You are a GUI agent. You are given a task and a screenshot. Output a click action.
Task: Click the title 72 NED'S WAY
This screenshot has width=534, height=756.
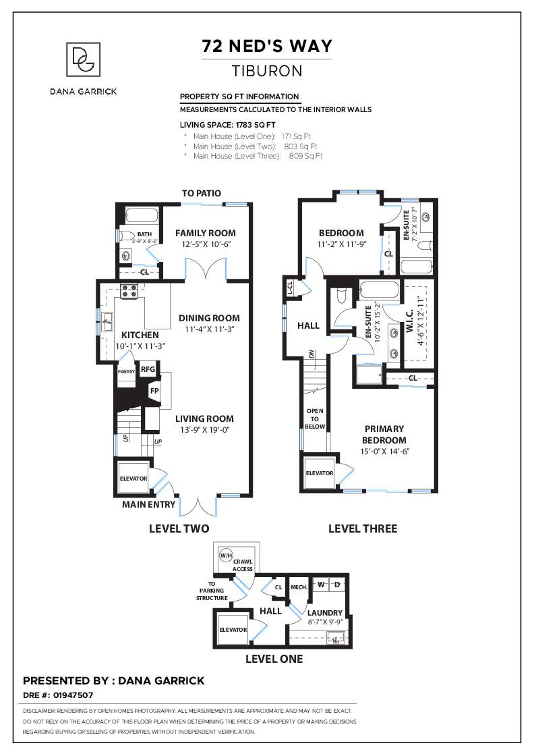pyautogui.click(x=267, y=46)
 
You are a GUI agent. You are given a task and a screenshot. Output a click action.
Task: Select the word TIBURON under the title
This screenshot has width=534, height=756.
pyautogui.click(x=267, y=70)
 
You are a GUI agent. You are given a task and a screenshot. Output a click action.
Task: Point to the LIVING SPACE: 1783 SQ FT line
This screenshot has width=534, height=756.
pyautogui.click(x=227, y=125)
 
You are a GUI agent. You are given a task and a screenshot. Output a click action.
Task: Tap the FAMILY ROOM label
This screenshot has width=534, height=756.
pyautogui.click(x=206, y=233)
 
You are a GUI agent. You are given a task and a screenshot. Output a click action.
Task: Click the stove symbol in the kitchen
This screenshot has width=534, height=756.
pyautogui.click(x=129, y=291)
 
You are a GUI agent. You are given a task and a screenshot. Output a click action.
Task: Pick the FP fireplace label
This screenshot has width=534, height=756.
pyautogui.click(x=154, y=391)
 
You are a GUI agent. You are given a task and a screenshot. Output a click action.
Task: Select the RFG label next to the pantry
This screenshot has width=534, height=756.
pyautogui.click(x=148, y=369)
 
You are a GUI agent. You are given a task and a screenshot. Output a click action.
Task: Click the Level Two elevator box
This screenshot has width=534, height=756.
pyautogui.click(x=133, y=478)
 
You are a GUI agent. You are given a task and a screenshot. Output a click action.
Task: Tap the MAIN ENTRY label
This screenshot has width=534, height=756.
pyautogui.click(x=148, y=504)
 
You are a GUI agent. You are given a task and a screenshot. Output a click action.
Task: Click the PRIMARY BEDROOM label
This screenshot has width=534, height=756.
pyautogui.click(x=384, y=434)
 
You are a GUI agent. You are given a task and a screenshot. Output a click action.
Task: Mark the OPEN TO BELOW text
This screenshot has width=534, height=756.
pyautogui.click(x=315, y=418)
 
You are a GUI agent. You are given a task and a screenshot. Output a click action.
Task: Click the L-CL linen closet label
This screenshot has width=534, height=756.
pyautogui.click(x=291, y=287)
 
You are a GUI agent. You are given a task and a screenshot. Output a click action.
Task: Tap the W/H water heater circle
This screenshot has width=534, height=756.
pyautogui.click(x=225, y=556)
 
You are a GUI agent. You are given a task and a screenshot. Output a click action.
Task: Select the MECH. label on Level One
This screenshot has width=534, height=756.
pyautogui.click(x=299, y=587)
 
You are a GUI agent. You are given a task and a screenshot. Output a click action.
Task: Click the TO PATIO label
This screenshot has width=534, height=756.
pyautogui.click(x=201, y=193)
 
